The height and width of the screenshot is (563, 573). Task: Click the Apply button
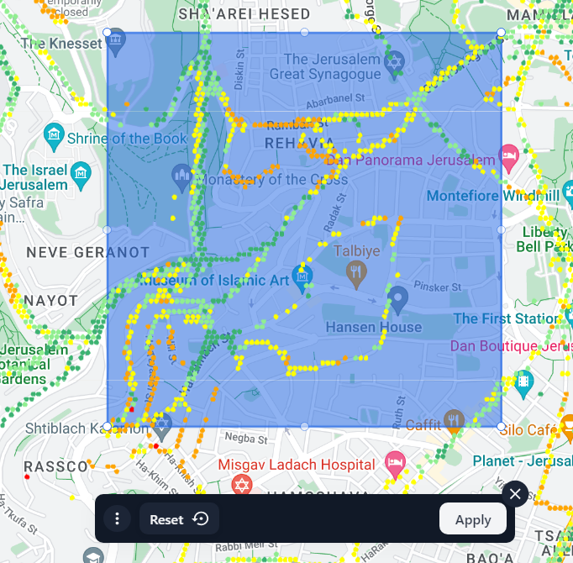pos(472,519)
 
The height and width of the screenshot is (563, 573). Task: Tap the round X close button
pos(515,493)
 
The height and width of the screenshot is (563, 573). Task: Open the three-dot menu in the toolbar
pos(117,519)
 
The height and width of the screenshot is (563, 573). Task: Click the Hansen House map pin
pos(398,298)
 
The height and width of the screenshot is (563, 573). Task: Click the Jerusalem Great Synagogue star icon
pos(392,64)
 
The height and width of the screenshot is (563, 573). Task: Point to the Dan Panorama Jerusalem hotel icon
pos(507,155)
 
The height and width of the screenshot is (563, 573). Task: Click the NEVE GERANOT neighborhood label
pos(87,252)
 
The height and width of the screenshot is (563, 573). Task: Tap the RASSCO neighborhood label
pos(55,466)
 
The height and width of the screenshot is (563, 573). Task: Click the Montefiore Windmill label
pos(492,196)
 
